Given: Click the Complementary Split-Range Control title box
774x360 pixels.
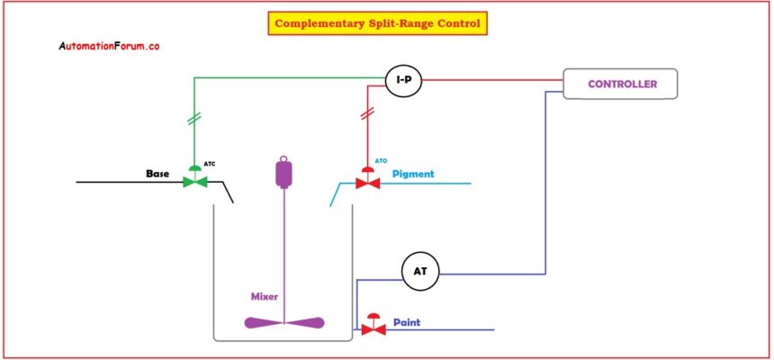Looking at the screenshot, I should pos(377,23).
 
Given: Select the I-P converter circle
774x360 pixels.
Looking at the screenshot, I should pos(404,81).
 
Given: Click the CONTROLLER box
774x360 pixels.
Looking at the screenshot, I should pos(620,84).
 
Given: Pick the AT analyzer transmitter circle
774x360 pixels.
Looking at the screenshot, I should pos(418,272).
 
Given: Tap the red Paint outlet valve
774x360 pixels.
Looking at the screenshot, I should pos(373,328).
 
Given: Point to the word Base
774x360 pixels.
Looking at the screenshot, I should pos(159,172).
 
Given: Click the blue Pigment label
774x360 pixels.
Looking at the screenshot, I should pos(413,173).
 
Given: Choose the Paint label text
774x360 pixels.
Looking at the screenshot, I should pos(407,321).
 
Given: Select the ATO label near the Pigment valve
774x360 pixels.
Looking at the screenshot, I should pos(381,162).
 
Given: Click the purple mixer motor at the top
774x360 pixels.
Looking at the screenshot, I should pos(285,172).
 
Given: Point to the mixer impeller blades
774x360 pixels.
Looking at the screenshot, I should pos(284,323).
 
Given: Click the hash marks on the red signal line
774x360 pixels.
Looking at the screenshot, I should pos(366,114).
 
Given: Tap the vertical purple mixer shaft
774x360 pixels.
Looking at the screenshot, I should pos(285,252).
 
